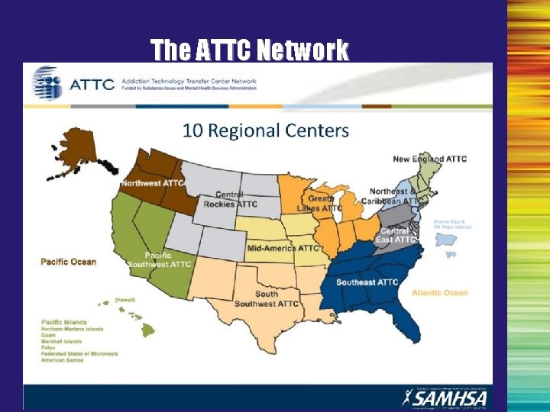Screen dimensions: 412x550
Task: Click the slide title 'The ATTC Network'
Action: point(249,50)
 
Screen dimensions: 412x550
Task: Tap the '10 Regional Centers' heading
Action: point(265,130)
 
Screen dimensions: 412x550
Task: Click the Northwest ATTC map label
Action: point(151,184)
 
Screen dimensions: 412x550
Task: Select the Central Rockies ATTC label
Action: point(230,200)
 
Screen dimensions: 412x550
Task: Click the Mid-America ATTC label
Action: point(283,248)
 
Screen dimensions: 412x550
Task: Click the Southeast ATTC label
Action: point(367,282)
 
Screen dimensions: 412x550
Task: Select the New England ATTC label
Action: point(429,159)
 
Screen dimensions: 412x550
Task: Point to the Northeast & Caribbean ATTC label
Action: point(394,196)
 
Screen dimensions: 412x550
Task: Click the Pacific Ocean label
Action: point(69,262)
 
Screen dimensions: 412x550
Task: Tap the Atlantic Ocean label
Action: point(439,292)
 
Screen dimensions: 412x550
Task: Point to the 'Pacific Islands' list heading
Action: point(64,322)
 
